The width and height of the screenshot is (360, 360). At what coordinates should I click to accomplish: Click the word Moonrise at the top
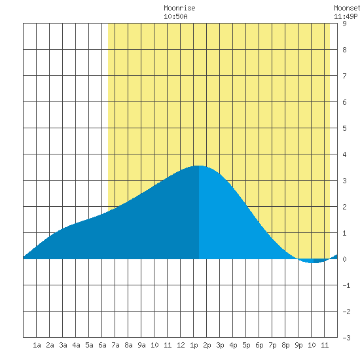coord(179,8)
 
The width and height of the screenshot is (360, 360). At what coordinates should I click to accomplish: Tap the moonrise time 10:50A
coord(175,16)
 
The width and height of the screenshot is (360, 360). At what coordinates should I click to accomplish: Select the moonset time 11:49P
coord(346,16)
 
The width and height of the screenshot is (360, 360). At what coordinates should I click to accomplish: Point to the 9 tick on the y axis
coord(344,24)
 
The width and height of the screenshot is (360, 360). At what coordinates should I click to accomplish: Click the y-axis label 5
coord(344,128)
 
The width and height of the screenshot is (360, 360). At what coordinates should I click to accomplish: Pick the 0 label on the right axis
coord(344,259)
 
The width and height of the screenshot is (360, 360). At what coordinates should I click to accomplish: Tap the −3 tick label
coord(346,338)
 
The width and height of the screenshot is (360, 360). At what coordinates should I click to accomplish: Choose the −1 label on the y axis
coord(346,285)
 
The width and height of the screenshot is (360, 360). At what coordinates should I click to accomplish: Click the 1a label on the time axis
coord(37,345)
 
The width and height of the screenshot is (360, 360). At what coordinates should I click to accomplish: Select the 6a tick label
coord(102,345)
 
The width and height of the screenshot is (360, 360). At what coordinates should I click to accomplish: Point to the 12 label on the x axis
coord(181,345)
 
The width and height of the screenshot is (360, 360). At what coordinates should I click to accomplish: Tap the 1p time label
coord(194,345)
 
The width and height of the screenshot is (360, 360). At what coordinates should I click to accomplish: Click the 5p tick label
coord(246,345)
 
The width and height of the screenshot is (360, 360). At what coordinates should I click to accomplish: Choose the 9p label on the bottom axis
coord(298,345)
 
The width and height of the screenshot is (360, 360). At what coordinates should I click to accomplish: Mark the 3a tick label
coord(63,345)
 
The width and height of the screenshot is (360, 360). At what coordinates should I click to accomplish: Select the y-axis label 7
coord(344,76)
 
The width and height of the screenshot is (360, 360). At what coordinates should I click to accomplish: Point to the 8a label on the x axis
coord(128,345)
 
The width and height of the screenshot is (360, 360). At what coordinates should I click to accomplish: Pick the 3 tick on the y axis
coord(344,181)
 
